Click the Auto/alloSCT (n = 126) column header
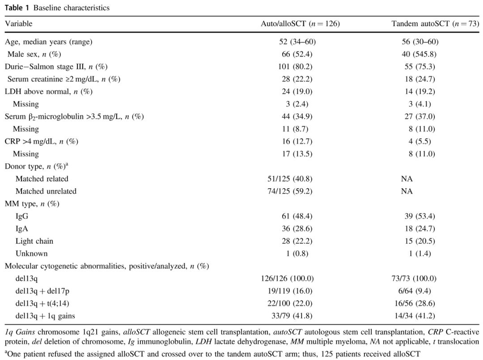click(x=300, y=24)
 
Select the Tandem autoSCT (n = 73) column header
click(x=435, y=24)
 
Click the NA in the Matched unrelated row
click(x=407, y=191)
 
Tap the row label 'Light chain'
click(x=34, y=241)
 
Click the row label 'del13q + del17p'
click(x=42, y=291)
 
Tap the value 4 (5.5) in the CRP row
click(x=420, y=142)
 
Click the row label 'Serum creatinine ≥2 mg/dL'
click(x=64, y=79)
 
